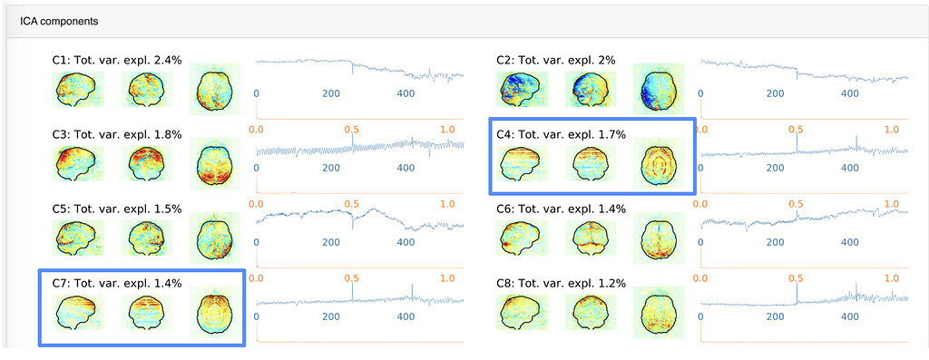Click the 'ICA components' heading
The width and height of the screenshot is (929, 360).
coord(60,19)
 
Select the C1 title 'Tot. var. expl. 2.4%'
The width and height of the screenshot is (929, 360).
coord(117,60)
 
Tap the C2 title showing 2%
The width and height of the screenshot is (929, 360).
coord(555,60)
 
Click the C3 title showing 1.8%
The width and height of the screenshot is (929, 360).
coord(117,134)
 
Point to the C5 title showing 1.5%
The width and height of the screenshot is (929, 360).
coord(117,209)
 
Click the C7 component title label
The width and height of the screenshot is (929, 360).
coord(117,283)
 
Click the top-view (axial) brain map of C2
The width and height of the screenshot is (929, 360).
coord(656,89)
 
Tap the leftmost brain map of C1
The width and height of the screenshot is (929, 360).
coord(79,89)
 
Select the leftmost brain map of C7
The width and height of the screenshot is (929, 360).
coord(79,312)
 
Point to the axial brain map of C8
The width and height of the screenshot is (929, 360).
coord(656,312)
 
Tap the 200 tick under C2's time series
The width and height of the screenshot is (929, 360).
coord(775,93)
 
